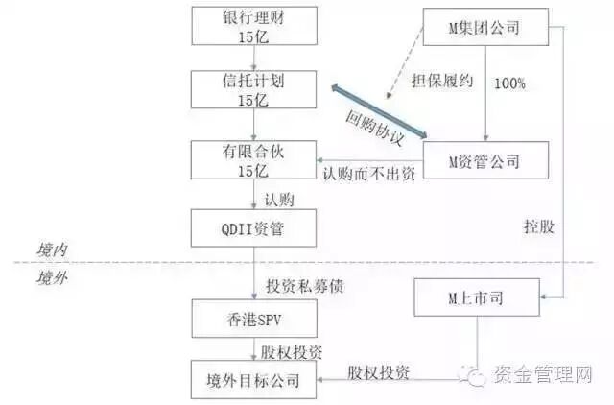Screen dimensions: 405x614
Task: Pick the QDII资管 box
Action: click(x=253, y=229)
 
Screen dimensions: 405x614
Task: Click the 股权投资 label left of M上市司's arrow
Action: click(x=373, y=369)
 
